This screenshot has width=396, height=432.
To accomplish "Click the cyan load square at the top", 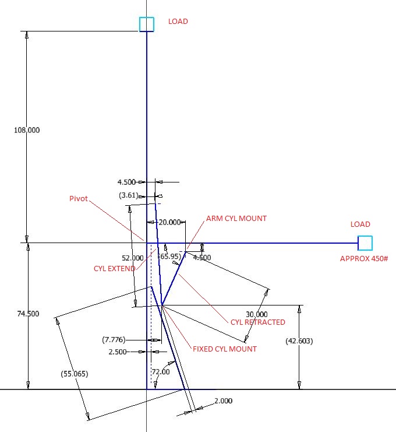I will click(x=147, y=24).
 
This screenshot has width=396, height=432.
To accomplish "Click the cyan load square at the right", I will click(x=365, y=243).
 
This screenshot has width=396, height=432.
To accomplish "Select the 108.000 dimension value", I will click(x=27, y=130).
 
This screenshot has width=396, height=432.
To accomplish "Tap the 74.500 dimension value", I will click(x=27, y=314).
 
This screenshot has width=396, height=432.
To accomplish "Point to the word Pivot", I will click(x=78, y=199).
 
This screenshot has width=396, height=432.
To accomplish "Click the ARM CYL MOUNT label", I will click(x=236, y=219).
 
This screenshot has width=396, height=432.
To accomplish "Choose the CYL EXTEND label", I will click(x=114, y=269).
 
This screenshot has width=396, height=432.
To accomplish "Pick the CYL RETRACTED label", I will click(x=258, y=322).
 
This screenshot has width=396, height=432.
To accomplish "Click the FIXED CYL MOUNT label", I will click(x=225, y=349).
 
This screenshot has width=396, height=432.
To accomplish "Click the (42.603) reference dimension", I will click(x=299, y=341).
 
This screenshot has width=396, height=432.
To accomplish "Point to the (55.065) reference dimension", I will click(x=74, y=374).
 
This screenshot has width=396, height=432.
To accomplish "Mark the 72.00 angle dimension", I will click(x=161, y=372).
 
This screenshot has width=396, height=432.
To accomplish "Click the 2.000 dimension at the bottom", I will click(x=223, y=401).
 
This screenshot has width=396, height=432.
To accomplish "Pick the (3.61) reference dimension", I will click(x=130, y=195).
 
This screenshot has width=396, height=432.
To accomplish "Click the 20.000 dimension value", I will click(x=169, y=222).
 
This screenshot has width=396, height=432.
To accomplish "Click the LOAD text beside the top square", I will click(x=178, y=22).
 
